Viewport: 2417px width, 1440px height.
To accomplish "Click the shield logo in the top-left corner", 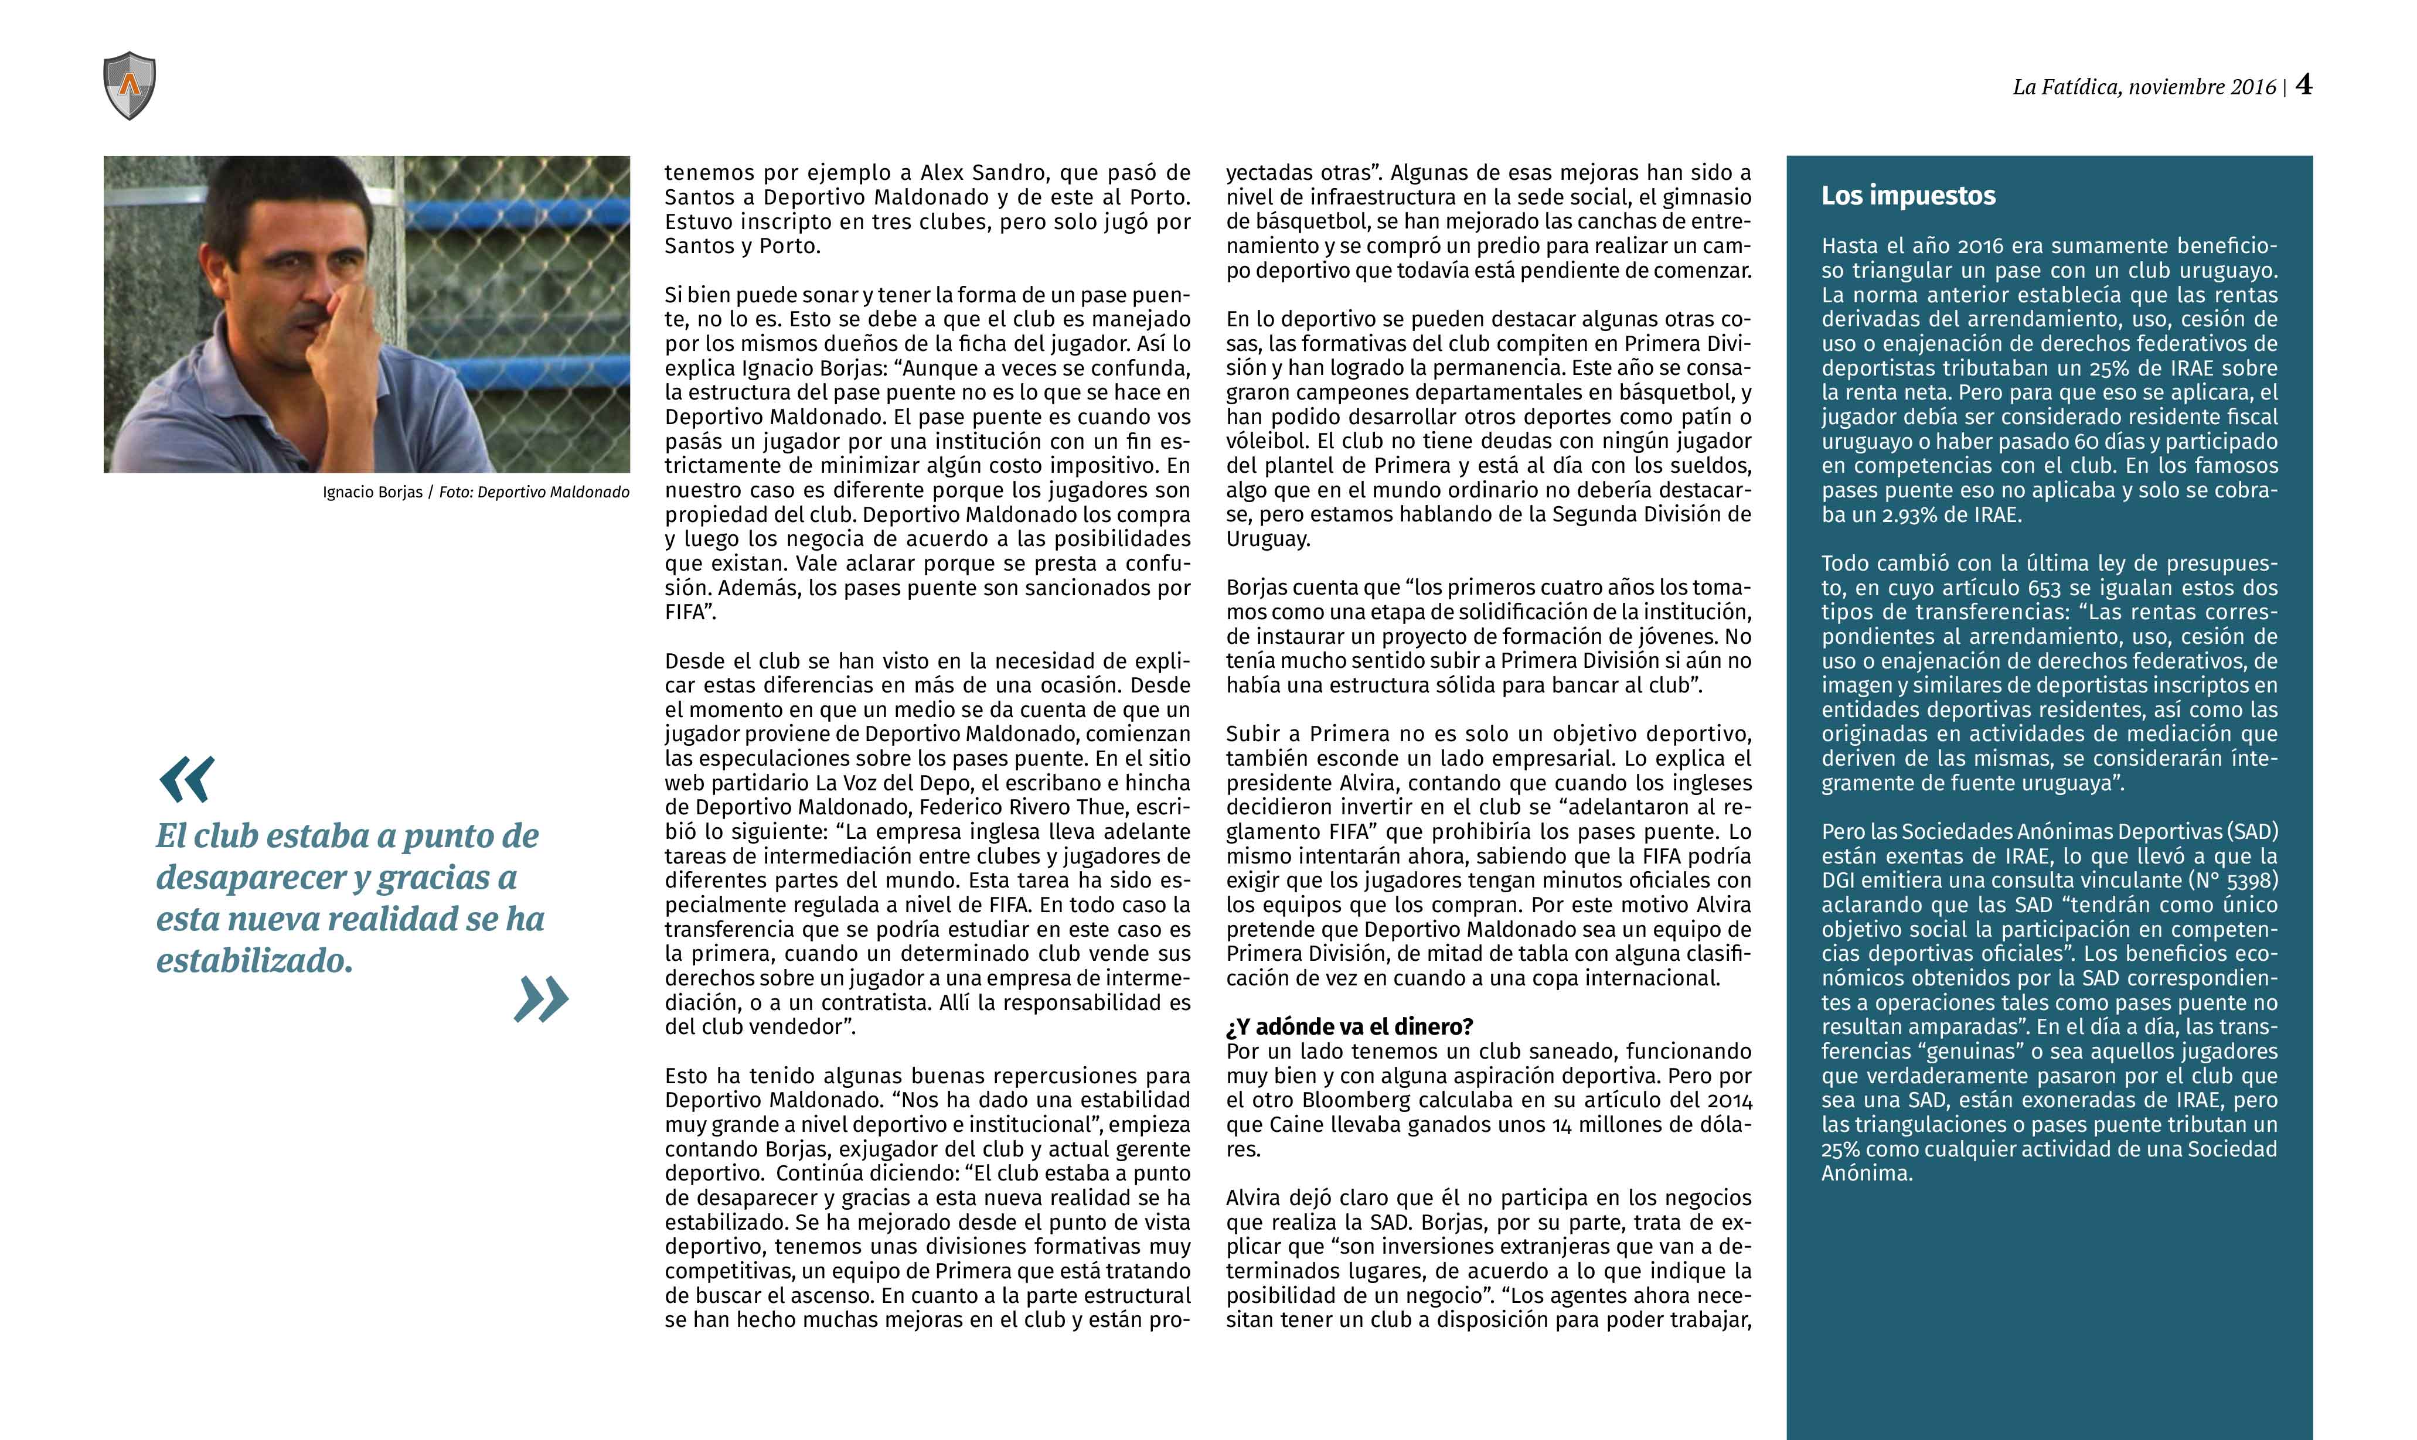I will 129,86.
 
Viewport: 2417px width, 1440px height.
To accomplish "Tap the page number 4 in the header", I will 2303,86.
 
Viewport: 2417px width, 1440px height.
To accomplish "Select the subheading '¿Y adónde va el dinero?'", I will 1349,1026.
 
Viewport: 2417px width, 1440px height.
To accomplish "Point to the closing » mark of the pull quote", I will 541,999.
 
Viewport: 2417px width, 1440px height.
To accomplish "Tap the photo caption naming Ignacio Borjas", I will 476,492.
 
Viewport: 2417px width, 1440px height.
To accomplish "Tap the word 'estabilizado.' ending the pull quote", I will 254,961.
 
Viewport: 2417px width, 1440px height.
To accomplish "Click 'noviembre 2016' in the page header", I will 2201,87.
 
